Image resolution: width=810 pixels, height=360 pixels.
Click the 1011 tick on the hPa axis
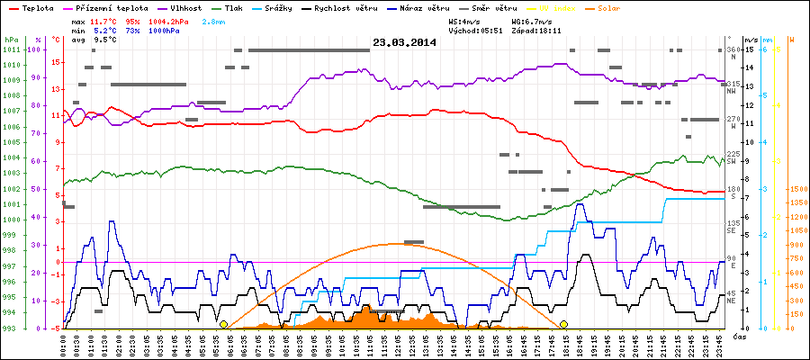click(10, 49)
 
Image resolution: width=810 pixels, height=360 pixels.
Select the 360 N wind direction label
click(732, 52)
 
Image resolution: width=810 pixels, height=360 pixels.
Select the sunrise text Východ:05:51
click(474, 30)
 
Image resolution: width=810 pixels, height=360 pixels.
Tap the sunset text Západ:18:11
click(536, 30)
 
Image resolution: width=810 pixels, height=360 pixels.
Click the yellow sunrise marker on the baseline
click(223, 324)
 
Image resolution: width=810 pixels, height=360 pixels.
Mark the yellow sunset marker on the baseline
click(564, 324)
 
